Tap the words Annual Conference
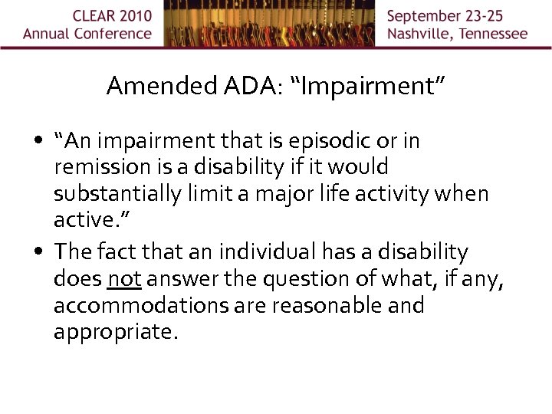coord(87,34)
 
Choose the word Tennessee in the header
coord(491,34)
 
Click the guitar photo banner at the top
coord(268,23)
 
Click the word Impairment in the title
coord(368,86)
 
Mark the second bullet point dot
coord(38,252)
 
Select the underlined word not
coord(124,278)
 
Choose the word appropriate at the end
coord(115,333)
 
